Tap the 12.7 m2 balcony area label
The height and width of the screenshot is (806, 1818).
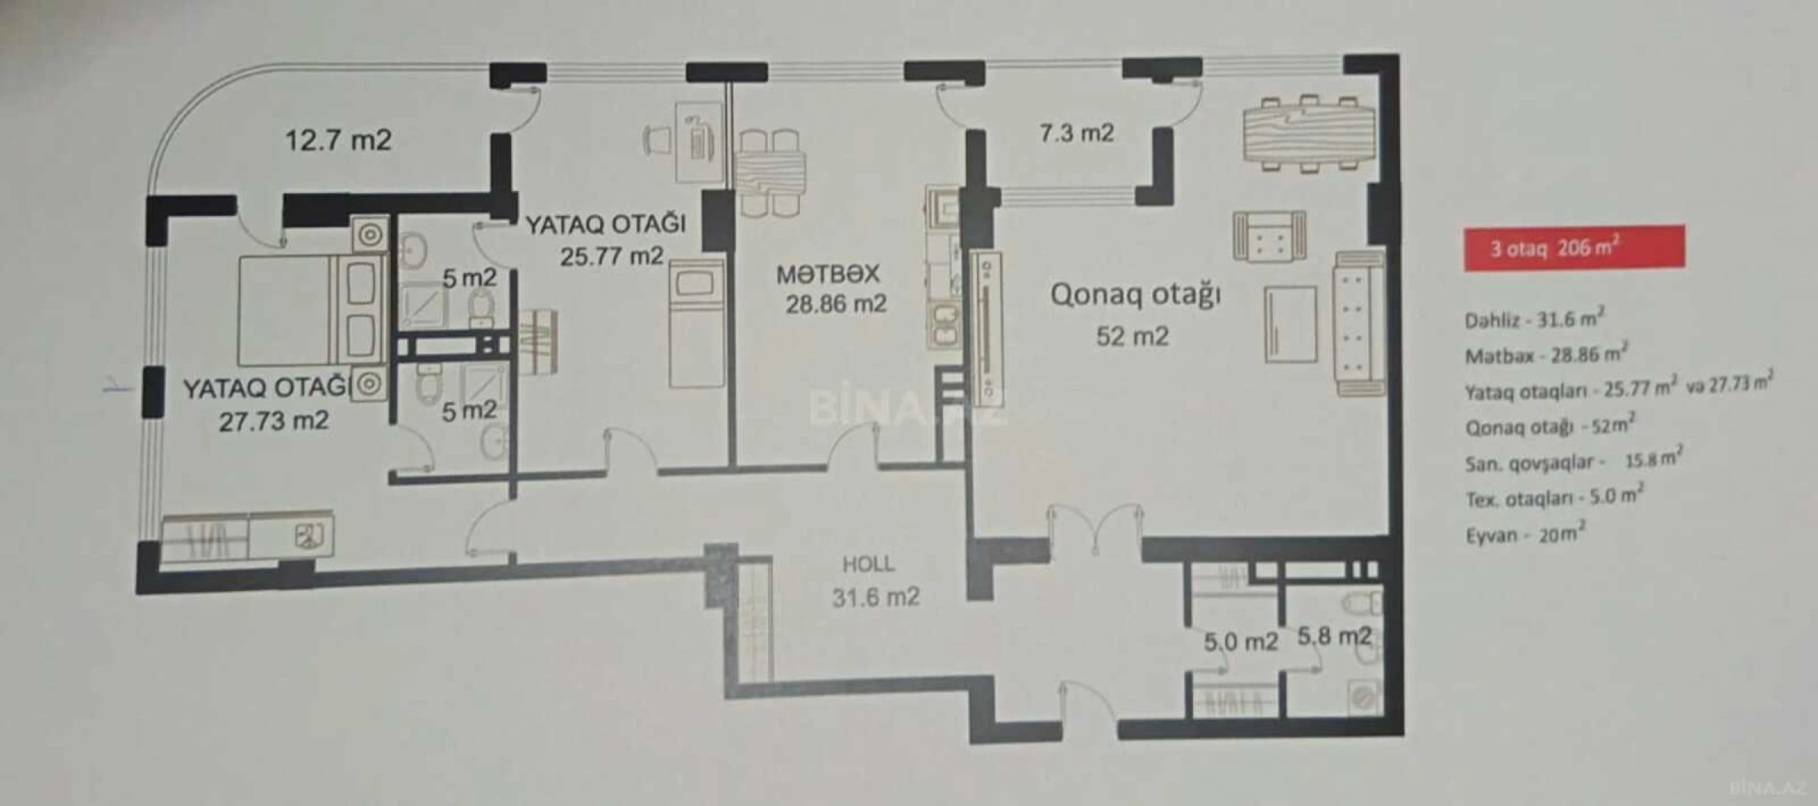[x=338, y=141]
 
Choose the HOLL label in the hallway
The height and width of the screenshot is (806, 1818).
[x=868, y=564]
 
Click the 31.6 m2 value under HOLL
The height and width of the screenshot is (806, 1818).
[x=875, y=598]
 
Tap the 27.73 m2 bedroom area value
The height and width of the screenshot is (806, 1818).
[x=274, y=421]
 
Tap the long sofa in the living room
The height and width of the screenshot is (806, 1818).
[x=1359, y=322]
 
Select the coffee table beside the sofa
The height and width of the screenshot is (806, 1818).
[x=1291, y=324]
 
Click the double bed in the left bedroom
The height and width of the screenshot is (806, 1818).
[x=310, y=310]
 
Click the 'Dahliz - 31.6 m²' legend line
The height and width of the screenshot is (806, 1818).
[x=1533, y=320]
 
